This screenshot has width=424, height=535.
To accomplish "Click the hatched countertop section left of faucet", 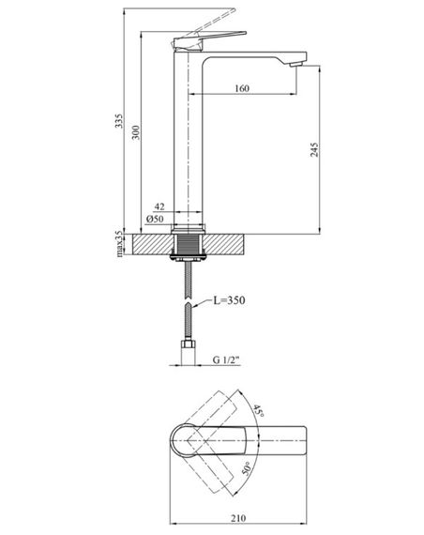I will [x=152, y=243].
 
